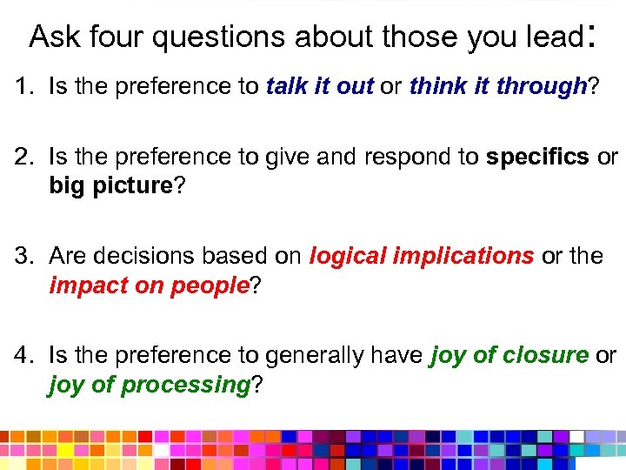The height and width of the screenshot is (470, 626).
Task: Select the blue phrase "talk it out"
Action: click(x=320, y=86)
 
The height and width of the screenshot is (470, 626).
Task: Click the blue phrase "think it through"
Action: click(x=497, y=86)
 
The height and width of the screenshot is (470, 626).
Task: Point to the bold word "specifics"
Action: click(x=536, y=158)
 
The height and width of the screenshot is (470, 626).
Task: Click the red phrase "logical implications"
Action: click(x=422, y=256)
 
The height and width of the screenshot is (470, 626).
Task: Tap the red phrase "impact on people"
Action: click(x=150, y=285)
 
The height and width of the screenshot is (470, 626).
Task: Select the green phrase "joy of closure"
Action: click(x=509, y=356)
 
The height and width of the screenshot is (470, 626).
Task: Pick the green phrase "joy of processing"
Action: click(x=149, y=386)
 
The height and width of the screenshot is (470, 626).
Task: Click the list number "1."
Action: click(x=23, y=86)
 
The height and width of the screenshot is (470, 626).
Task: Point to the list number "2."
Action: click(x=23, y=158)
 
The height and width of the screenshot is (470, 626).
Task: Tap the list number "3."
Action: click(x=23, y=256)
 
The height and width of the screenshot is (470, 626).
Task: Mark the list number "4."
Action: click(x=23, y=356)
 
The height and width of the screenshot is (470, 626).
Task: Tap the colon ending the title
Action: click(x=590, y=37)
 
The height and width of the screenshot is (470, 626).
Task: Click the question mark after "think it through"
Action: click(x=593, y=86)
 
